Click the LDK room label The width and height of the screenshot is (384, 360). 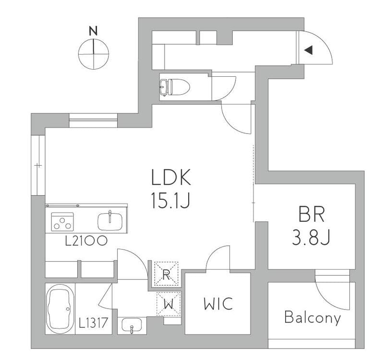pyautogui.click(x=171, y=177)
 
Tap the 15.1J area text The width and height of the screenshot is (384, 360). pyautogui.click(x=171, y=200)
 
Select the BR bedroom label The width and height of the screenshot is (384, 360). pyautogui.click(x=312, y=214)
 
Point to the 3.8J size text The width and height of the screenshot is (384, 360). pyautogui.click(x=312, y=238)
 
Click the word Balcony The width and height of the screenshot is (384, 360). pyautogui.click(x=313, y=318)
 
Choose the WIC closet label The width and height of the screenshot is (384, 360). pyautogui.click(x=218, y=303)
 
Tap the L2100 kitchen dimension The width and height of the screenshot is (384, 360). pyautogui.click(x=86, y=241)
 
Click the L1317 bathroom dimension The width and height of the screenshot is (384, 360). pyautogui.click(x=93, y=323)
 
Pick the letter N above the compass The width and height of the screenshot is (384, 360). pyautogui.click(x=93, y=31)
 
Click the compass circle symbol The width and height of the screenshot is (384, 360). pyautogui.click(x=94, y=54)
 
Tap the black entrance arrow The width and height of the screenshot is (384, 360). pyautogui.click(x=309, y=50)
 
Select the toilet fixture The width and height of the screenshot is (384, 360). pyautogui.click(x=175, y=87)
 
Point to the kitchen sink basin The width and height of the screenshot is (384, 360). pyautogui.click(x=110, y=222)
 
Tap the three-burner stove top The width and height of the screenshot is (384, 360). pyautogui.click(x=62, y=222)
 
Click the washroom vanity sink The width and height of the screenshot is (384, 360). pyautogui.click(x=132, y=325)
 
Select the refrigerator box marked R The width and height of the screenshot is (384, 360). pyautogui.click(x=166, y=274)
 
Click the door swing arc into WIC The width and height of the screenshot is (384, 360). pyautogui.click(x=218, y=258)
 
